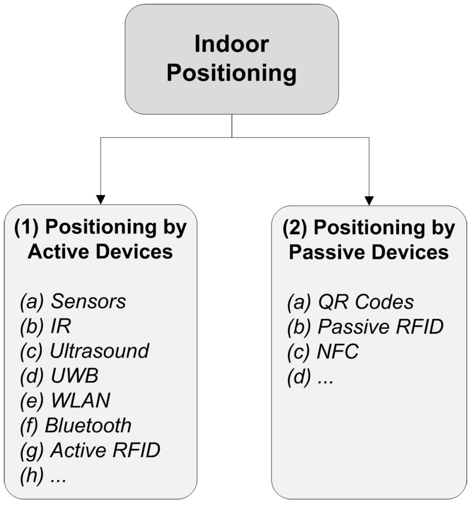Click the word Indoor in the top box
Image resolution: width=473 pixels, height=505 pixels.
tap(231, 44)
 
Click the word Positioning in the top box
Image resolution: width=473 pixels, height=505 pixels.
tap(231, 74)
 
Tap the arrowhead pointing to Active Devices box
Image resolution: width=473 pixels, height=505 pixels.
tap(101, 199)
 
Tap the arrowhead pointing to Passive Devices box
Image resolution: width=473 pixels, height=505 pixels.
tap(369, 200)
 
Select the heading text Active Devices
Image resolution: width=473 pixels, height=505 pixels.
tap(100, 252)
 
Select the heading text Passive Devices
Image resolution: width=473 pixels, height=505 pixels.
tap(369, 252)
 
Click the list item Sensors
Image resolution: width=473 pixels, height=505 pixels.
tap(88, 302)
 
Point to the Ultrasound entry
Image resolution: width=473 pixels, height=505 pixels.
tap(99, 351)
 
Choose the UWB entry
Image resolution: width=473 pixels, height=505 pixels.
tap(74, 376)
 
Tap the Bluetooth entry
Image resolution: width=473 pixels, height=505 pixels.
tap(88, 425)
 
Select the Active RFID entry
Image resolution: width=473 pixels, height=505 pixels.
tap(105, 450)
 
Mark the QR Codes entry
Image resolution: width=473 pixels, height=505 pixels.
tap(365, 302)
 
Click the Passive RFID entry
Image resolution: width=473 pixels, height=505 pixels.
tap(380, 327)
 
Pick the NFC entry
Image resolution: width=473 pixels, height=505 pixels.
tap(338, 352)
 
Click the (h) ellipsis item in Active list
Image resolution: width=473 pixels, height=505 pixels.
tap(43, 476)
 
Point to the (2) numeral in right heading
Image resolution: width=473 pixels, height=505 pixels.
tap(293, 228)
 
